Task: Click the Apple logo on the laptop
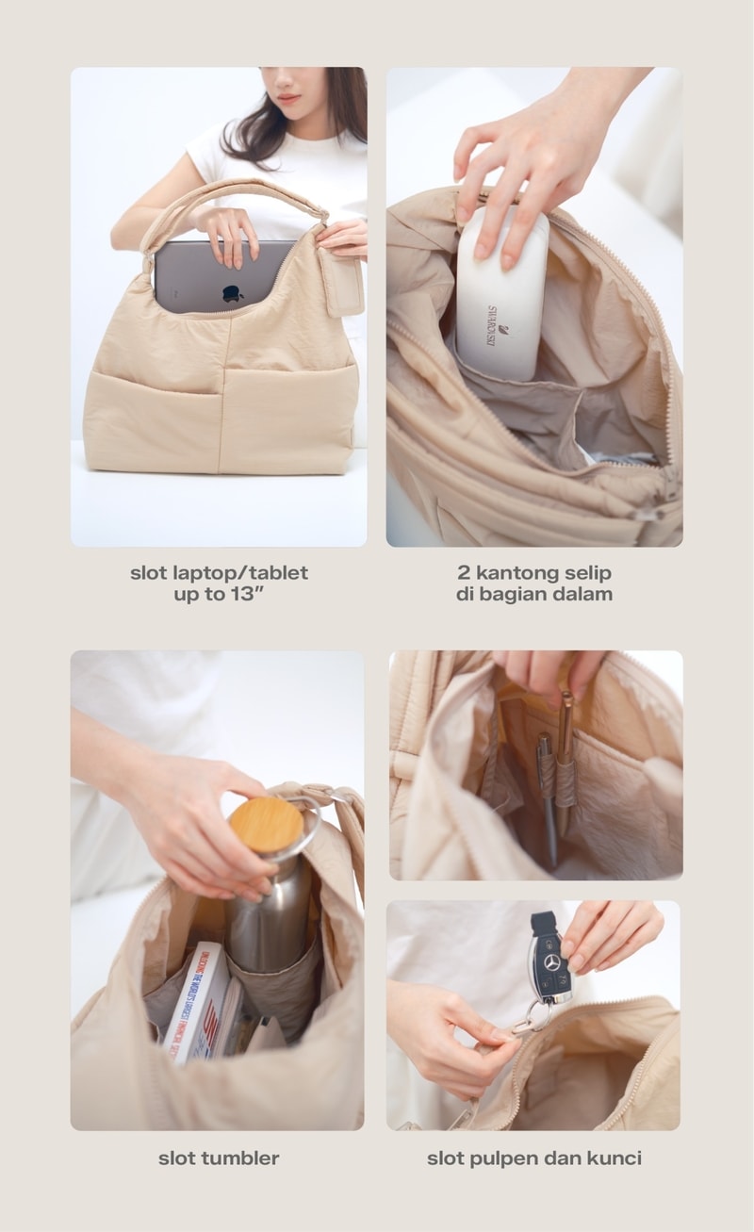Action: pos(233,294)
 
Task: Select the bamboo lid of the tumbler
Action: pos(266,825)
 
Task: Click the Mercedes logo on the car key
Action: pos(551,963)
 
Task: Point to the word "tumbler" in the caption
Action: pos(240,1158)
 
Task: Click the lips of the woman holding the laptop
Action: pos(287,97)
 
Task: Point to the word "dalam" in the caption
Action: pos(586,594)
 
